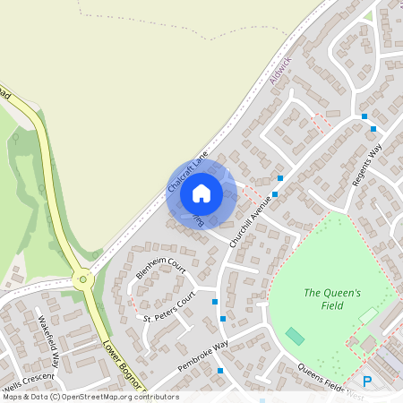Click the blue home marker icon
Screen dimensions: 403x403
[x=201, y=193]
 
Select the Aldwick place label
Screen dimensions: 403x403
[x=279, y=71]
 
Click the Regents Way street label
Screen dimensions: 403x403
[x=367, y=167]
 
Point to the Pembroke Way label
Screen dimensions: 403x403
[x=202, y=352]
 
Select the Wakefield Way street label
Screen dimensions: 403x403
[x=48, y=341]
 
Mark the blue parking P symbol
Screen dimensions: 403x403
[x=366, y=381]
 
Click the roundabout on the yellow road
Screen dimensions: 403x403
[x=84, y=279]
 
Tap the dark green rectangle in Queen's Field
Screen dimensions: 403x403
[x=294, y=336]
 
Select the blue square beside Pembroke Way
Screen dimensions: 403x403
[x=219, y=370]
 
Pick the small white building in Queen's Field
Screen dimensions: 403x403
[x=368, y=315]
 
